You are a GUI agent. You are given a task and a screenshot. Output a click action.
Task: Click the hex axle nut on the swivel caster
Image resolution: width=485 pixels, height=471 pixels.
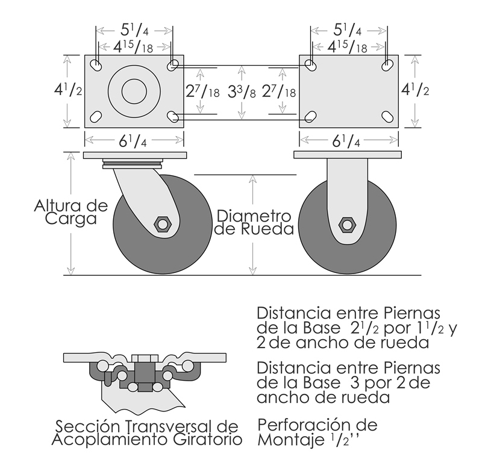pos(162,224)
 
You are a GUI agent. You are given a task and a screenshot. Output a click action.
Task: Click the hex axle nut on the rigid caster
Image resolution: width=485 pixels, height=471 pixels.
pos(348,225)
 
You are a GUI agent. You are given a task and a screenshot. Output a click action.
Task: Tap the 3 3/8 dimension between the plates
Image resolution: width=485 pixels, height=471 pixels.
pos(242,92)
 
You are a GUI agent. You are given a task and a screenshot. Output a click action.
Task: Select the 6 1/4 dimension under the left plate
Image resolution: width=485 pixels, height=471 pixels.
pos(133,141)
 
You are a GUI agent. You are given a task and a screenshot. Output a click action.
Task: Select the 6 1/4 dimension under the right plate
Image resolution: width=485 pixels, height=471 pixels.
pos(346,142)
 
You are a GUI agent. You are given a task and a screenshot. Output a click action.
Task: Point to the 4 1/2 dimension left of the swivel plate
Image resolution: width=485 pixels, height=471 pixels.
pos(68,90)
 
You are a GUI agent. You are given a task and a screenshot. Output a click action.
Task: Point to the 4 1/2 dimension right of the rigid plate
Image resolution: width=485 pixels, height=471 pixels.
pos(415,90)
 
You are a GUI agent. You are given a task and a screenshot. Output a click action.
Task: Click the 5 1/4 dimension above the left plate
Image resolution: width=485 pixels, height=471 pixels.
pos(134,30)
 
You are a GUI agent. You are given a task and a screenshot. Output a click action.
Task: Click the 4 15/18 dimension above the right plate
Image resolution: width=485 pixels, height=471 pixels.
pos(348,47)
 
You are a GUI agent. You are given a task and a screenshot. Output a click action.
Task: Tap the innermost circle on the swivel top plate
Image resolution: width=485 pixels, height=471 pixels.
pos(134,91)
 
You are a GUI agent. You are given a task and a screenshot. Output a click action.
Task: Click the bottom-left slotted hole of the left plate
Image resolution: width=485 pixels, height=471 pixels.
pos(96,117)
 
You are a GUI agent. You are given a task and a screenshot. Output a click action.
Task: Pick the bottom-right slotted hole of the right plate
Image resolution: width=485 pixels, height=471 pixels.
pos(387,117)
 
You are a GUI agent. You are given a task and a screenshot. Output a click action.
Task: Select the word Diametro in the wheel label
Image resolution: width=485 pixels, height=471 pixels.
pos(254,216)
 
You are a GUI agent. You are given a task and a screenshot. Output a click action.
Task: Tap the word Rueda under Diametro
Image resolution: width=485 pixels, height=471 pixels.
pos(268,229)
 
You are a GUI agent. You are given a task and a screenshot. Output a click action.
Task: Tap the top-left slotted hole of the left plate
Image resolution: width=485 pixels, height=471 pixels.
pos(96,64)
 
